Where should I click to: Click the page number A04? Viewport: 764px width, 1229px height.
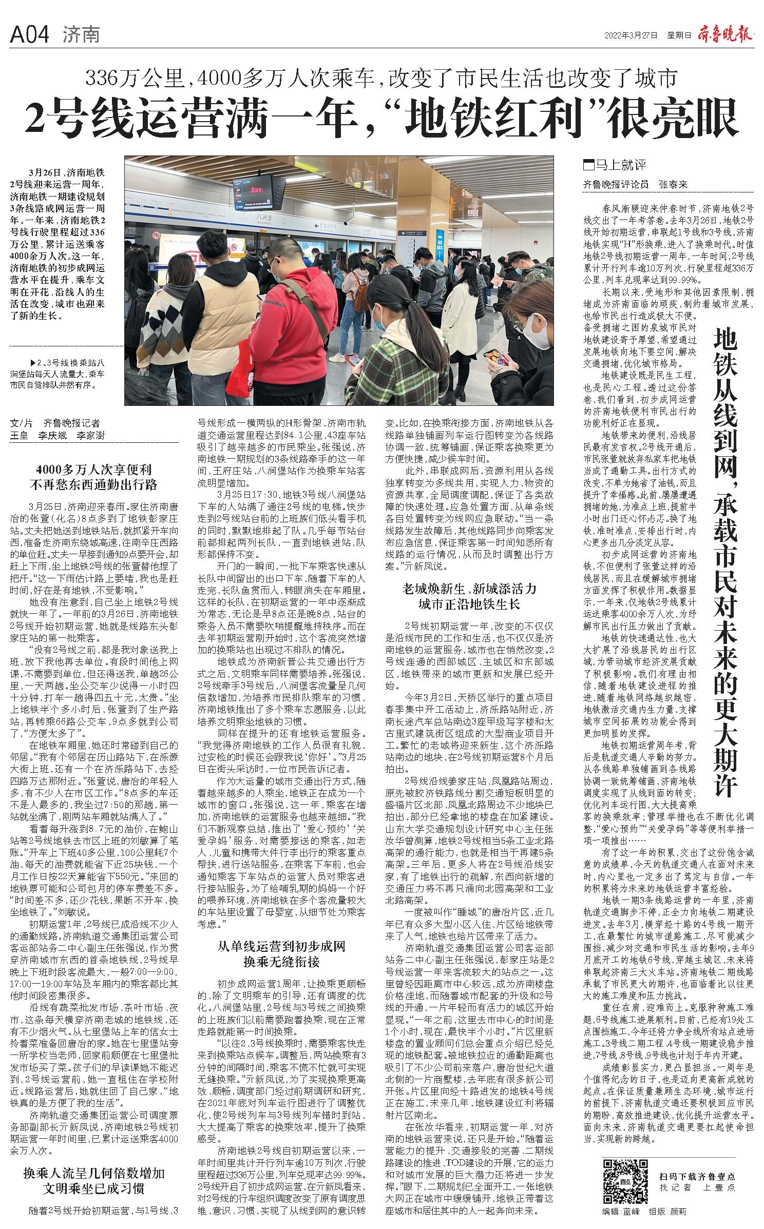point(30,34)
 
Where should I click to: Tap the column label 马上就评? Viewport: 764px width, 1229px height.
point(618,165)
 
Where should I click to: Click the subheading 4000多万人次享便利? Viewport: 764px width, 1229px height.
point(93,469)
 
